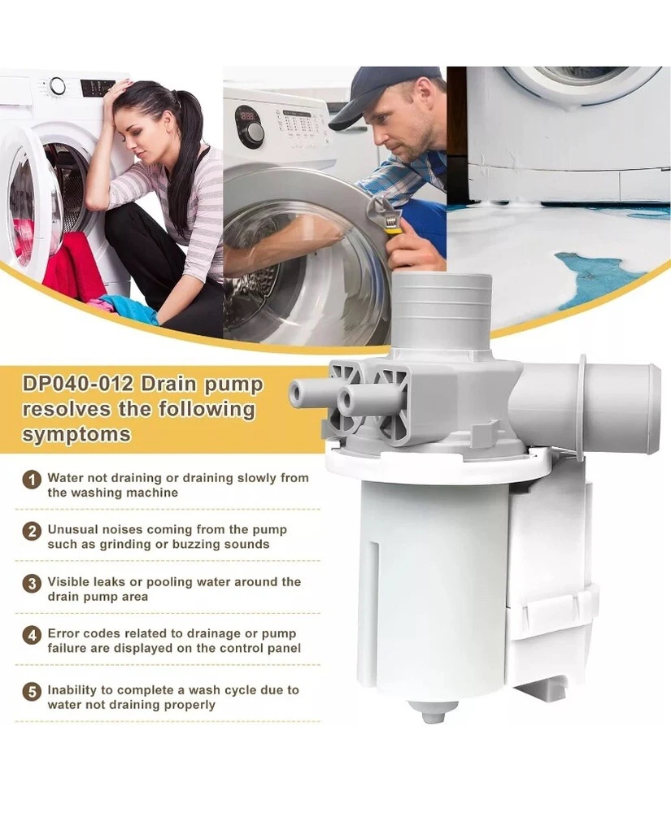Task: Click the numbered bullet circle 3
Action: coord(33,583)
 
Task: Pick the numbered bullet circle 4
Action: coord(33,635)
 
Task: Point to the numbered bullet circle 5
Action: coord(33,692)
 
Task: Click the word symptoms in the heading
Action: coord(76,434)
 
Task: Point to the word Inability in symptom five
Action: coord(72,690)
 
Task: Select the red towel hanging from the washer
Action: coord(70,270)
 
